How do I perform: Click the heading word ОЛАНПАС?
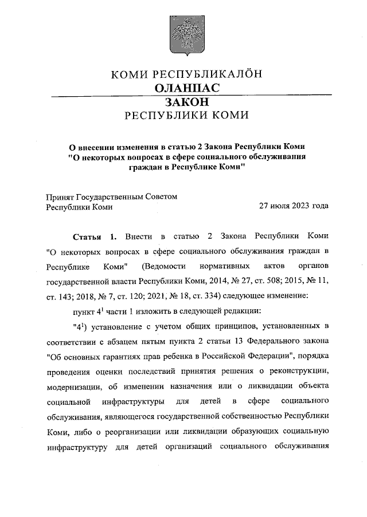coord(187,88)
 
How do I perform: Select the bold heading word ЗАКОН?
coord(186,102)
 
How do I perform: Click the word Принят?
coord(60,196)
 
